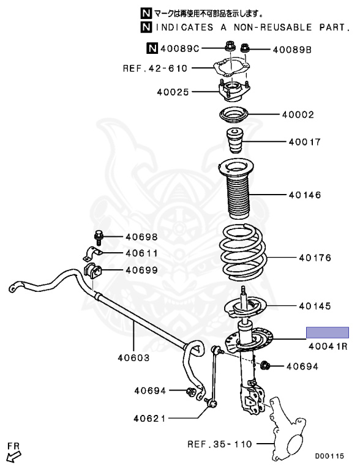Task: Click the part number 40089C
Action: click(180, 48)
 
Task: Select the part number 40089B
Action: click(292, 50)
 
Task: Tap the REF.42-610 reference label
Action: click(155, 69)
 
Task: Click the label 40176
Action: click(315, 258)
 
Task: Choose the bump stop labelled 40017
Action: click(234, 140)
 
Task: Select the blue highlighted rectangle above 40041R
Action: click(328, 333)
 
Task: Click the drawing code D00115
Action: click(330, 456)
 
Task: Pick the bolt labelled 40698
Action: click(99, 237)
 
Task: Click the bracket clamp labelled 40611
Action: click(92, 253)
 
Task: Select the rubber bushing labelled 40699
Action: click(92, 270)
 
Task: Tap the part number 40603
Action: click(133, 357)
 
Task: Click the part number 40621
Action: click(150, 418)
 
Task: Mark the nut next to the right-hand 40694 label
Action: click(265, 365)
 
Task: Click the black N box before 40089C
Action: click(152, 48)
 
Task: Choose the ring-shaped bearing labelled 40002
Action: click(234, 114)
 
